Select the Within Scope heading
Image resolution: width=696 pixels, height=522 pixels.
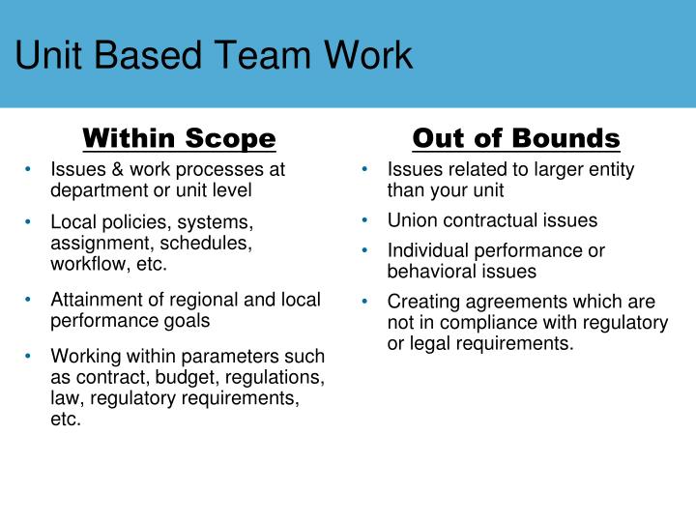179,138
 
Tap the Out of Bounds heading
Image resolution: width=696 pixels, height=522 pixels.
516,138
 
